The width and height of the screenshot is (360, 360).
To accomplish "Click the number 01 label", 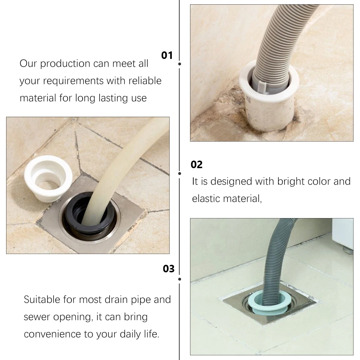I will click(167, 55).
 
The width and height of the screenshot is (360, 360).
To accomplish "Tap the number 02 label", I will click(197, 165).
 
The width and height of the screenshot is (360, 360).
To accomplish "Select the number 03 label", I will click(169, 269).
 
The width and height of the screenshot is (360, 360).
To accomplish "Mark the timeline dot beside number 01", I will click(180, 64).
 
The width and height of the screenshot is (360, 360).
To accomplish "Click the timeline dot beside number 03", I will click(180, 279).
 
